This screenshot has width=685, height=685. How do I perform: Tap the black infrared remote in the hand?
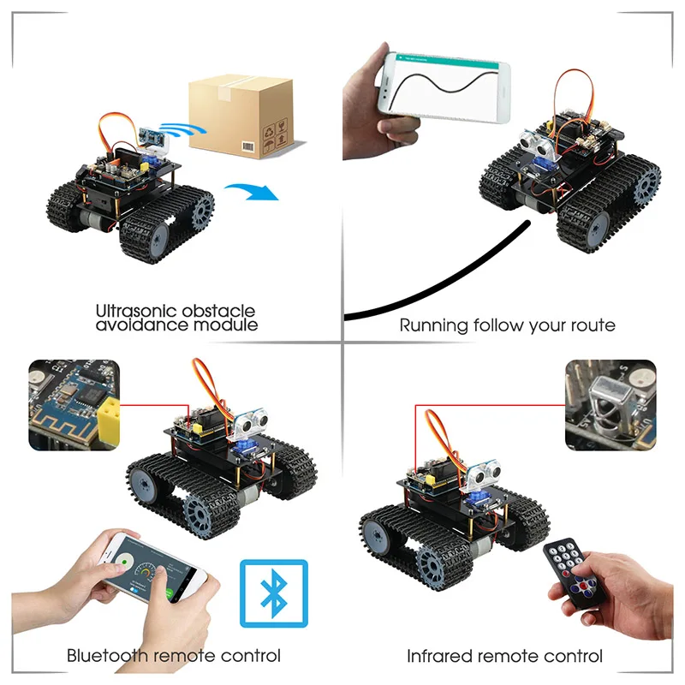click(x=570, y=570)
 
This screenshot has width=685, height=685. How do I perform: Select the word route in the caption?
click(x=587, y=325)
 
